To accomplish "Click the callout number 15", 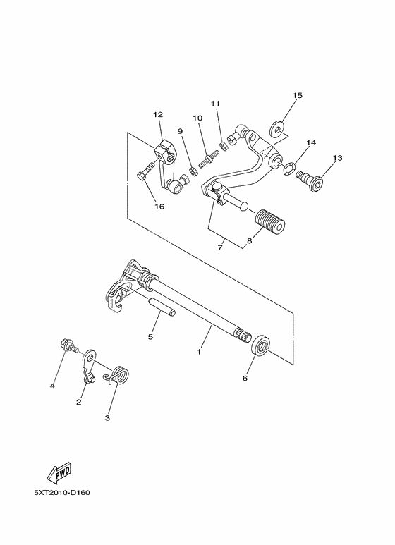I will (x=297, y=95).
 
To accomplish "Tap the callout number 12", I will (x=157, y=114).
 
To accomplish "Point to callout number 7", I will (x=220, y=247).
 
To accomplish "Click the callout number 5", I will (x=150, y=337).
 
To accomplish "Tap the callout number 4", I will (x=51, y=386).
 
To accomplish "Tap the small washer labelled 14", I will (x=289, y=168).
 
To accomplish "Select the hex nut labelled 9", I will (x=190, y=171).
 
